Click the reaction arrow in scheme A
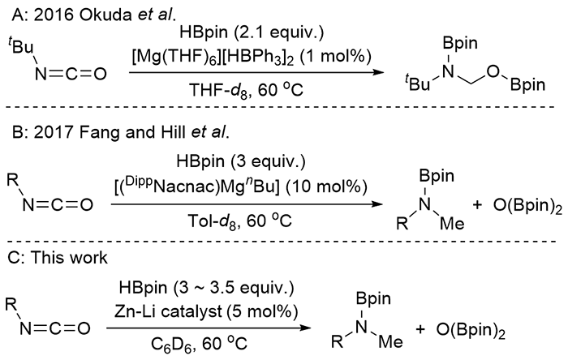tap(251, 73)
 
